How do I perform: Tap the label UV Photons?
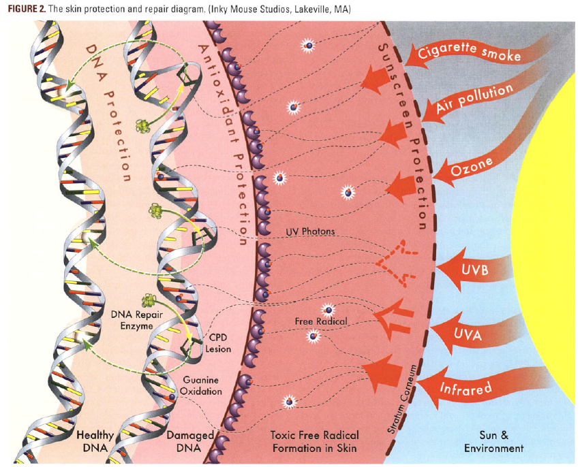click(310, 231)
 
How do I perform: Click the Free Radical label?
click(322, 321)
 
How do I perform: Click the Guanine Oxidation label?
click(201, 386)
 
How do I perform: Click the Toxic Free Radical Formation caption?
click(314, 441)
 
